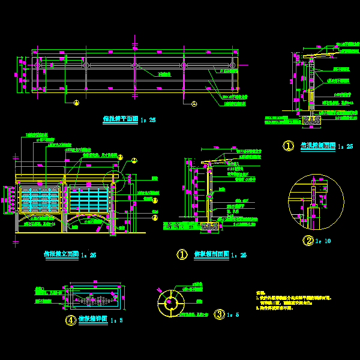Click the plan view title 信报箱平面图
[121, 119]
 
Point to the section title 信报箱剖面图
[212, 254]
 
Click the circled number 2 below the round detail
[308, 241]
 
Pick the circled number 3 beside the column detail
[220, 314]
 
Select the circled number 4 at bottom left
[71, 320]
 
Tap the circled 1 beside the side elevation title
[289, 146]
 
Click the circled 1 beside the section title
[182, 254]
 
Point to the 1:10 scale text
[324, 241]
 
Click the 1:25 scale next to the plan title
[148, 120]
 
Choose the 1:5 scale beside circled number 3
[233, 314]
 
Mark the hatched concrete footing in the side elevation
[311, 120]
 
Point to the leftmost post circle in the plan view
[37, 65]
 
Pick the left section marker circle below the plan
[76, 103]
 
